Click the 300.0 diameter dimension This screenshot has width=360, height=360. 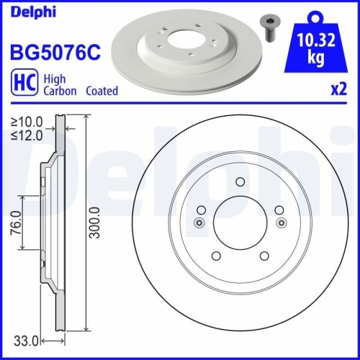94,222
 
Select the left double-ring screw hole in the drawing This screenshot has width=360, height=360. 199,222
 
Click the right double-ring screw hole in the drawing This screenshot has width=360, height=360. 281,222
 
